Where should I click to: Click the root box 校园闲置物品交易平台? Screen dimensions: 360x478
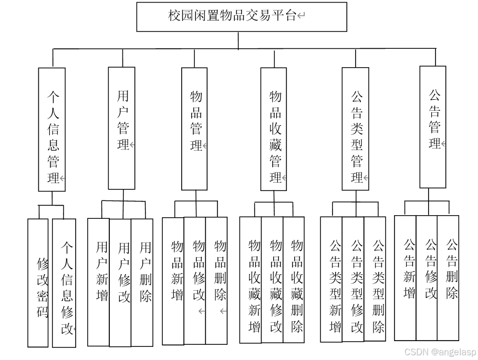(242, 17)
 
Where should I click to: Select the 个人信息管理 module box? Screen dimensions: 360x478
(52, 129)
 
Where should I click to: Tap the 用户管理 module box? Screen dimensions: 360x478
(121, 128)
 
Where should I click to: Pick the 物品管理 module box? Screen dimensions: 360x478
(194, 129)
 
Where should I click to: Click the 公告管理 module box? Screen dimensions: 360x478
(433, 127)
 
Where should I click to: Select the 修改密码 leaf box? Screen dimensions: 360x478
(38, 283)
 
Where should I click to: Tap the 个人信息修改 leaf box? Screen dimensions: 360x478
(64, 283)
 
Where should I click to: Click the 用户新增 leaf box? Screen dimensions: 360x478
(99, 282)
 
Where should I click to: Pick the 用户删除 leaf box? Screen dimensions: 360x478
(142, 282)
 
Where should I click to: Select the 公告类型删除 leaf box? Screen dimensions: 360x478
(375, 279)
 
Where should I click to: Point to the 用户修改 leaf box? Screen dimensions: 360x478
(120, 283)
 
